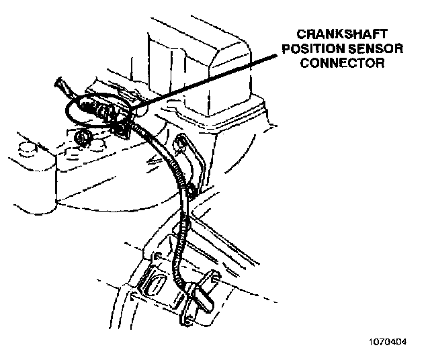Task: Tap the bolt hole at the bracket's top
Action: (x=181, y=142)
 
